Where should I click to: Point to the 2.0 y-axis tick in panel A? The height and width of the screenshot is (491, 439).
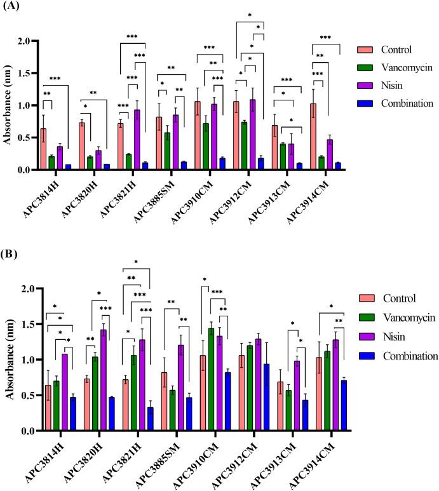point(25,41)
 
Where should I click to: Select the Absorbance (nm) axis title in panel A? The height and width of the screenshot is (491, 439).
point(9,105)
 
